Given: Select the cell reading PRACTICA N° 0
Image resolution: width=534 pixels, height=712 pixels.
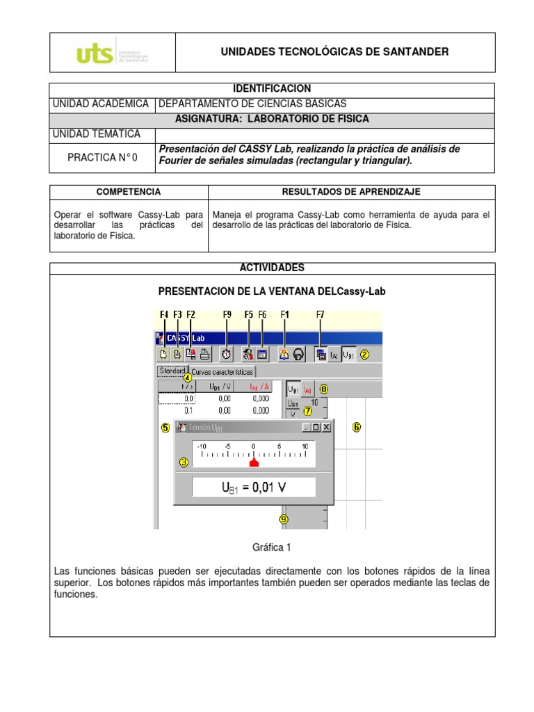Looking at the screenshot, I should pos(102,158).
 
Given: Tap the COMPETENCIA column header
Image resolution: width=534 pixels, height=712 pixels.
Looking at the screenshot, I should pos(129,192).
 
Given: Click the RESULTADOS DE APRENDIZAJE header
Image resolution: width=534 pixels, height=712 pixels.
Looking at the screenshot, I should pos(350,192).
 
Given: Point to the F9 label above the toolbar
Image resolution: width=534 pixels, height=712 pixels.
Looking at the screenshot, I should pos(227,315).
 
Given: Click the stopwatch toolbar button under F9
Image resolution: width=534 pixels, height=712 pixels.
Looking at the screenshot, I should pos(227,354).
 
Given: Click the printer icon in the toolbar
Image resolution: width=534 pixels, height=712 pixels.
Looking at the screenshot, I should pos(204,354).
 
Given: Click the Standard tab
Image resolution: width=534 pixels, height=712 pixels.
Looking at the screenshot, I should pos(172,371).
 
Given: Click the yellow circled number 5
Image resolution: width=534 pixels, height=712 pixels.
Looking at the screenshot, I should pos(165,428).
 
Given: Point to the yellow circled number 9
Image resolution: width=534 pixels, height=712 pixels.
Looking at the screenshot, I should pos(283,519).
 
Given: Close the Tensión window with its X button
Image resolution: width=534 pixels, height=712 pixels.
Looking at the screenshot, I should pos(327,428).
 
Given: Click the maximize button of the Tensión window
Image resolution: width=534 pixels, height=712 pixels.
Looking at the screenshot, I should pos(316,428).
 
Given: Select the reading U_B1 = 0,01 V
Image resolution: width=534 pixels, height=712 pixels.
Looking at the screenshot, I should pos(253,487).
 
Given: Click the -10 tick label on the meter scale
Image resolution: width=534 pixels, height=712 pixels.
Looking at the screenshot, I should pos(202,446).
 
